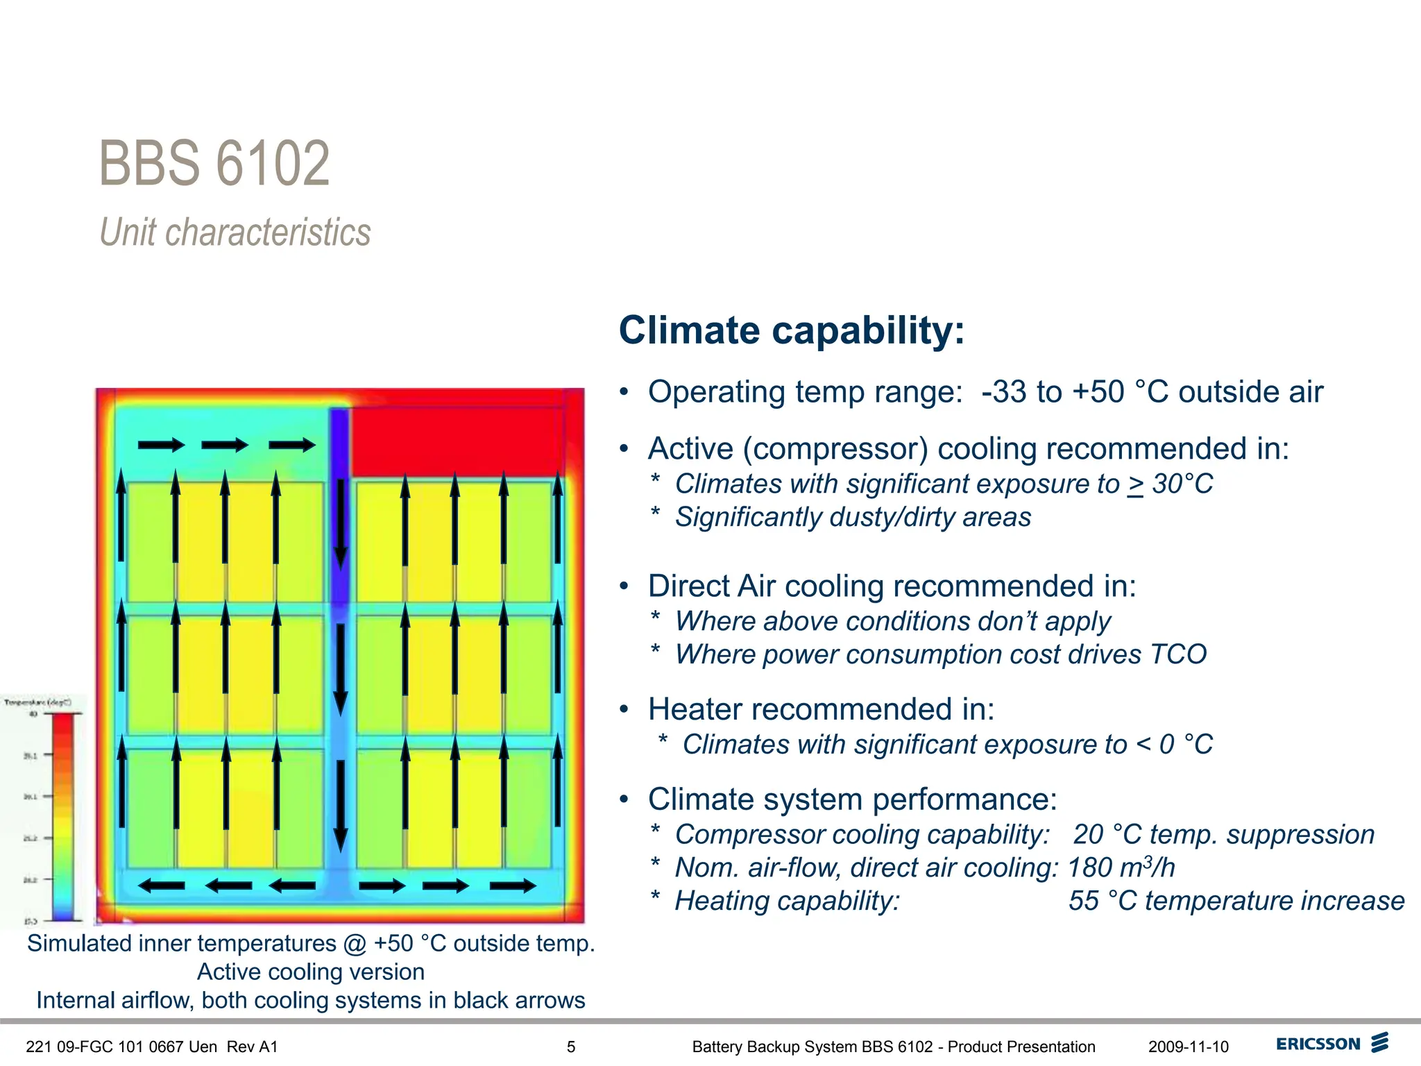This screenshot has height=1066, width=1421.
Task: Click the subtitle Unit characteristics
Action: coord(235,232)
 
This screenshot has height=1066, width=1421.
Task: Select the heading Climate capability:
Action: coord(791,330)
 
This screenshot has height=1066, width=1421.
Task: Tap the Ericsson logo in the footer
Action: coord(1332,1044)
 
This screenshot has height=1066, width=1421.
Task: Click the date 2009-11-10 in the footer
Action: coord(1188,1047)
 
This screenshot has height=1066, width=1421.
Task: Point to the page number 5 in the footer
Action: coord(571,1047)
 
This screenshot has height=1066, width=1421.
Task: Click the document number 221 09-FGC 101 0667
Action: coord(121,1047)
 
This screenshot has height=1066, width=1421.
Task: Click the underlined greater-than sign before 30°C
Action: coord(1135,484)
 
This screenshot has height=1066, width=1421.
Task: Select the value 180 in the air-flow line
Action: coord(1089,868)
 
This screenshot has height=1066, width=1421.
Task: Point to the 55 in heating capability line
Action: coord(1084,901)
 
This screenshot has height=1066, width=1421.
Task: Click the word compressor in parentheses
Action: coord(835,449)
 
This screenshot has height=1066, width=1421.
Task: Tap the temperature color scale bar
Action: coord(63,815)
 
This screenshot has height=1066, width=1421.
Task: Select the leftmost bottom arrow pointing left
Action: coord(161,886)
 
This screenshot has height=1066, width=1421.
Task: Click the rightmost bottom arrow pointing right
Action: coord(513,886)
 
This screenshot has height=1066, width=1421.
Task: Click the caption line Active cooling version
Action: coord(310,972)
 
